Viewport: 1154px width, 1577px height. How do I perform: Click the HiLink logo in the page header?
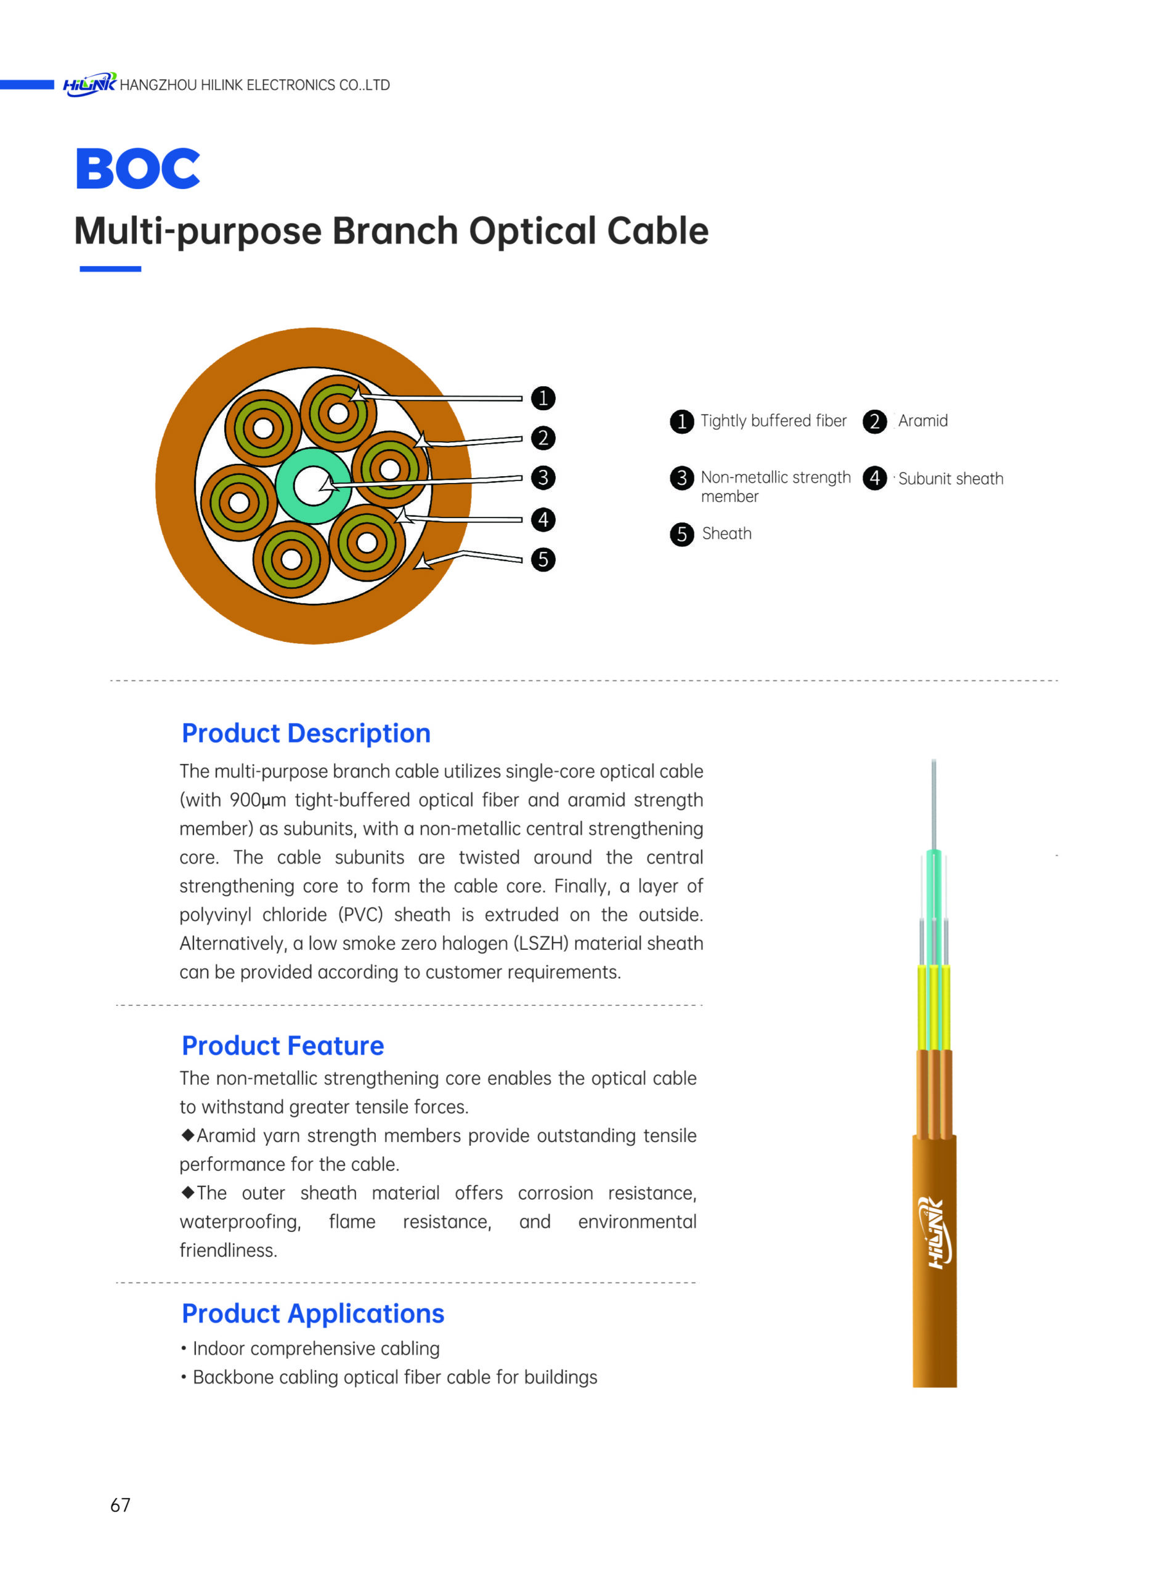89,84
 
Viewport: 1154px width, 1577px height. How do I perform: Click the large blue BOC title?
137,168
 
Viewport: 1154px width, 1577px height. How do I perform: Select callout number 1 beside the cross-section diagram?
543,398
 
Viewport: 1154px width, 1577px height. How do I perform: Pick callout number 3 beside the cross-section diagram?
543,477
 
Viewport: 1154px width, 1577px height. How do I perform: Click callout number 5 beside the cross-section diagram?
543,559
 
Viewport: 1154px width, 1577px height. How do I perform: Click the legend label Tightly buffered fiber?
773,421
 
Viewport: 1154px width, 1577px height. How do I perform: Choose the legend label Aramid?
923,421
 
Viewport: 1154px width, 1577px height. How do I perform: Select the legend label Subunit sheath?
951,479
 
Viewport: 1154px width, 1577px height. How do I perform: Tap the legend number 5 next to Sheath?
682,534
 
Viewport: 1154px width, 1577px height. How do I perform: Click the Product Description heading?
306,733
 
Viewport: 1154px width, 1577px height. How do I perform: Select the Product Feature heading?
283,1045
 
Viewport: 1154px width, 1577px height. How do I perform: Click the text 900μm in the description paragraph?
258,800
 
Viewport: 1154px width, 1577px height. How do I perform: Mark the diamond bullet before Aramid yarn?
187,1135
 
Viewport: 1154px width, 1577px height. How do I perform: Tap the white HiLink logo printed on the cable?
935,1233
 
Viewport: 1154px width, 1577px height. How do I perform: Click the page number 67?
120,1505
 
